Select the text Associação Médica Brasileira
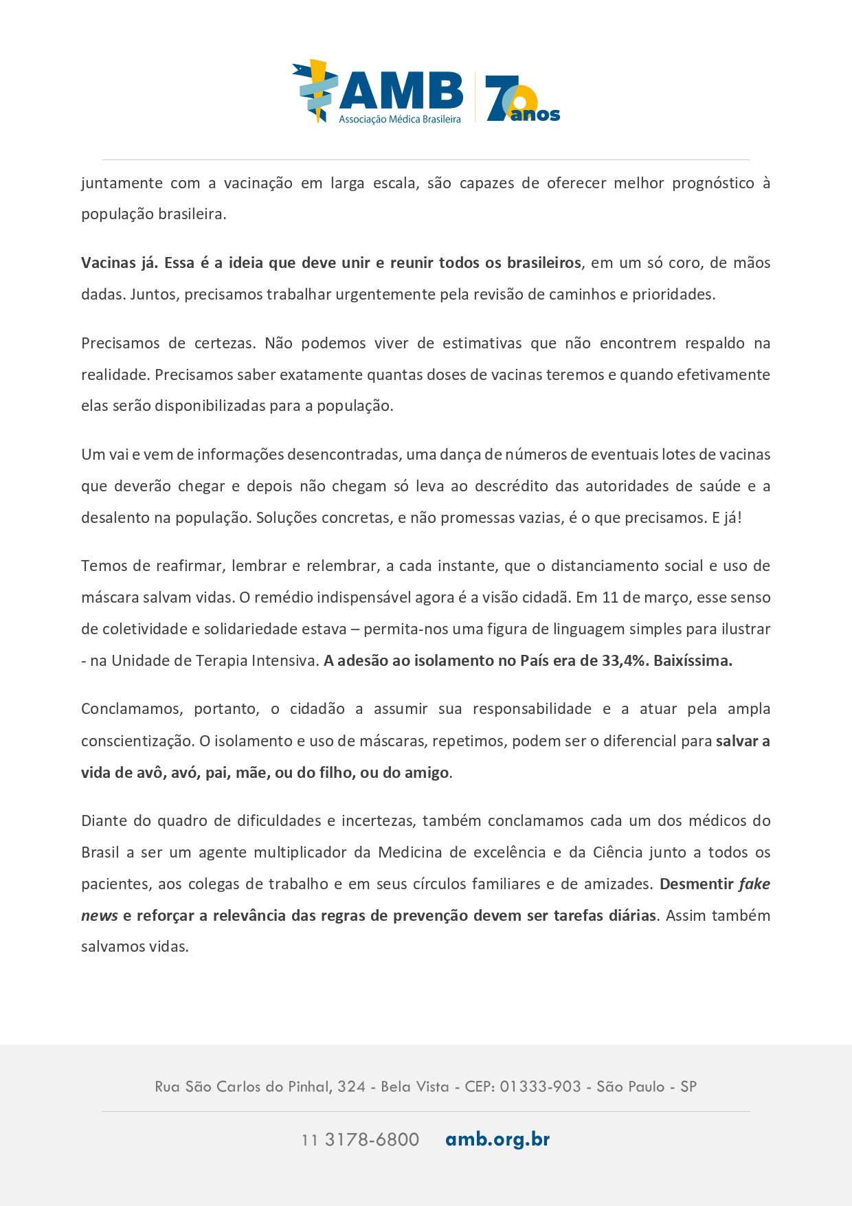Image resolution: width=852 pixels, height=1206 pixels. [x=399, y=120]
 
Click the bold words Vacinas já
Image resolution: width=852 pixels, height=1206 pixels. [x=119, y=263]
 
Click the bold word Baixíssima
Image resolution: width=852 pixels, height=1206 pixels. [x=693, y=661]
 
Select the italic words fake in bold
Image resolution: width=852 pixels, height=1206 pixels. [x=754, y=884]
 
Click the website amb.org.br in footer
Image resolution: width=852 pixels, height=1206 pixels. [x=497, y=1139]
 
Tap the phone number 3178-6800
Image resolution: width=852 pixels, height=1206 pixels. [x=372, y=1140]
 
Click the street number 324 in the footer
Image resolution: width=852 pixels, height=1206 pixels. [x=351, y=1087]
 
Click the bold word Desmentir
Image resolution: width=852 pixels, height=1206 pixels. [x=696, y=884]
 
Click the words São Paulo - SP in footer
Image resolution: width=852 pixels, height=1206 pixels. [x=646, y=1087]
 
